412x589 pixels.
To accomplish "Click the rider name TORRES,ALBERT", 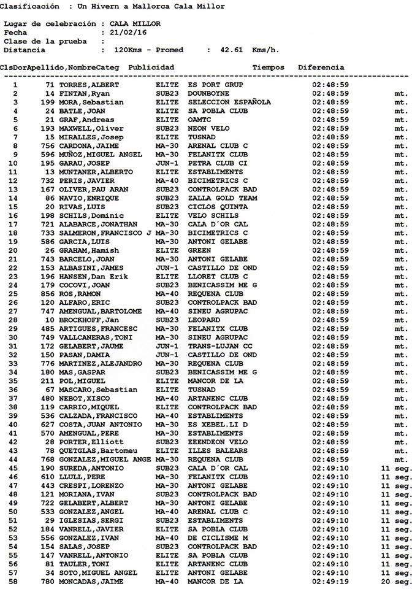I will pyautogui.click(x=89, y=85).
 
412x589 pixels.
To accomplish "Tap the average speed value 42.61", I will pyautogui.click(x=232, y=50).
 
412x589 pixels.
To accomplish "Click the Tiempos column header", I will pyautogui.click(x=268, y=67).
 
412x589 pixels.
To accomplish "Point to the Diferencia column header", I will pyautogui.click(x=321, y=67).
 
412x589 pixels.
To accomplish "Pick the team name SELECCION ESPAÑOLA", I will pyautogui.click(x=229, y=102).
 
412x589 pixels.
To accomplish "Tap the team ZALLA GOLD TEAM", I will pyautogui.click(x=223, y=198).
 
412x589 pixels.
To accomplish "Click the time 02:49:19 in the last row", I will pyautogui.click(x=330, y=581).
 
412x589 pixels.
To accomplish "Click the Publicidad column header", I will pyautogui.click(x=151, y=67).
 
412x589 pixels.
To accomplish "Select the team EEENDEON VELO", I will pyautogui.click(x=218, y=442).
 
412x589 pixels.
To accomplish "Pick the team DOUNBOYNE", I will pyautogui.click(x=208, y=93).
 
